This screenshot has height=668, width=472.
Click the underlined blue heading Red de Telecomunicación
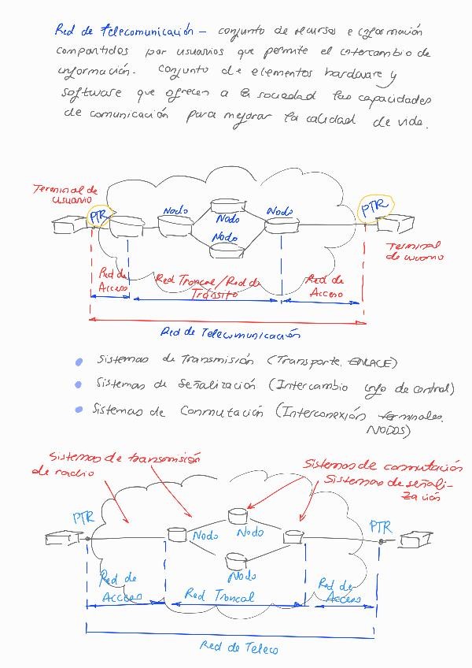point(124,32)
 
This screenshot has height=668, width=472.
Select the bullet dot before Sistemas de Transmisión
point(78,362)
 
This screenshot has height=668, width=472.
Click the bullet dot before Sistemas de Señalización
point(78,385)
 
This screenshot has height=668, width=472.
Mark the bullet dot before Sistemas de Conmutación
point(78,410)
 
